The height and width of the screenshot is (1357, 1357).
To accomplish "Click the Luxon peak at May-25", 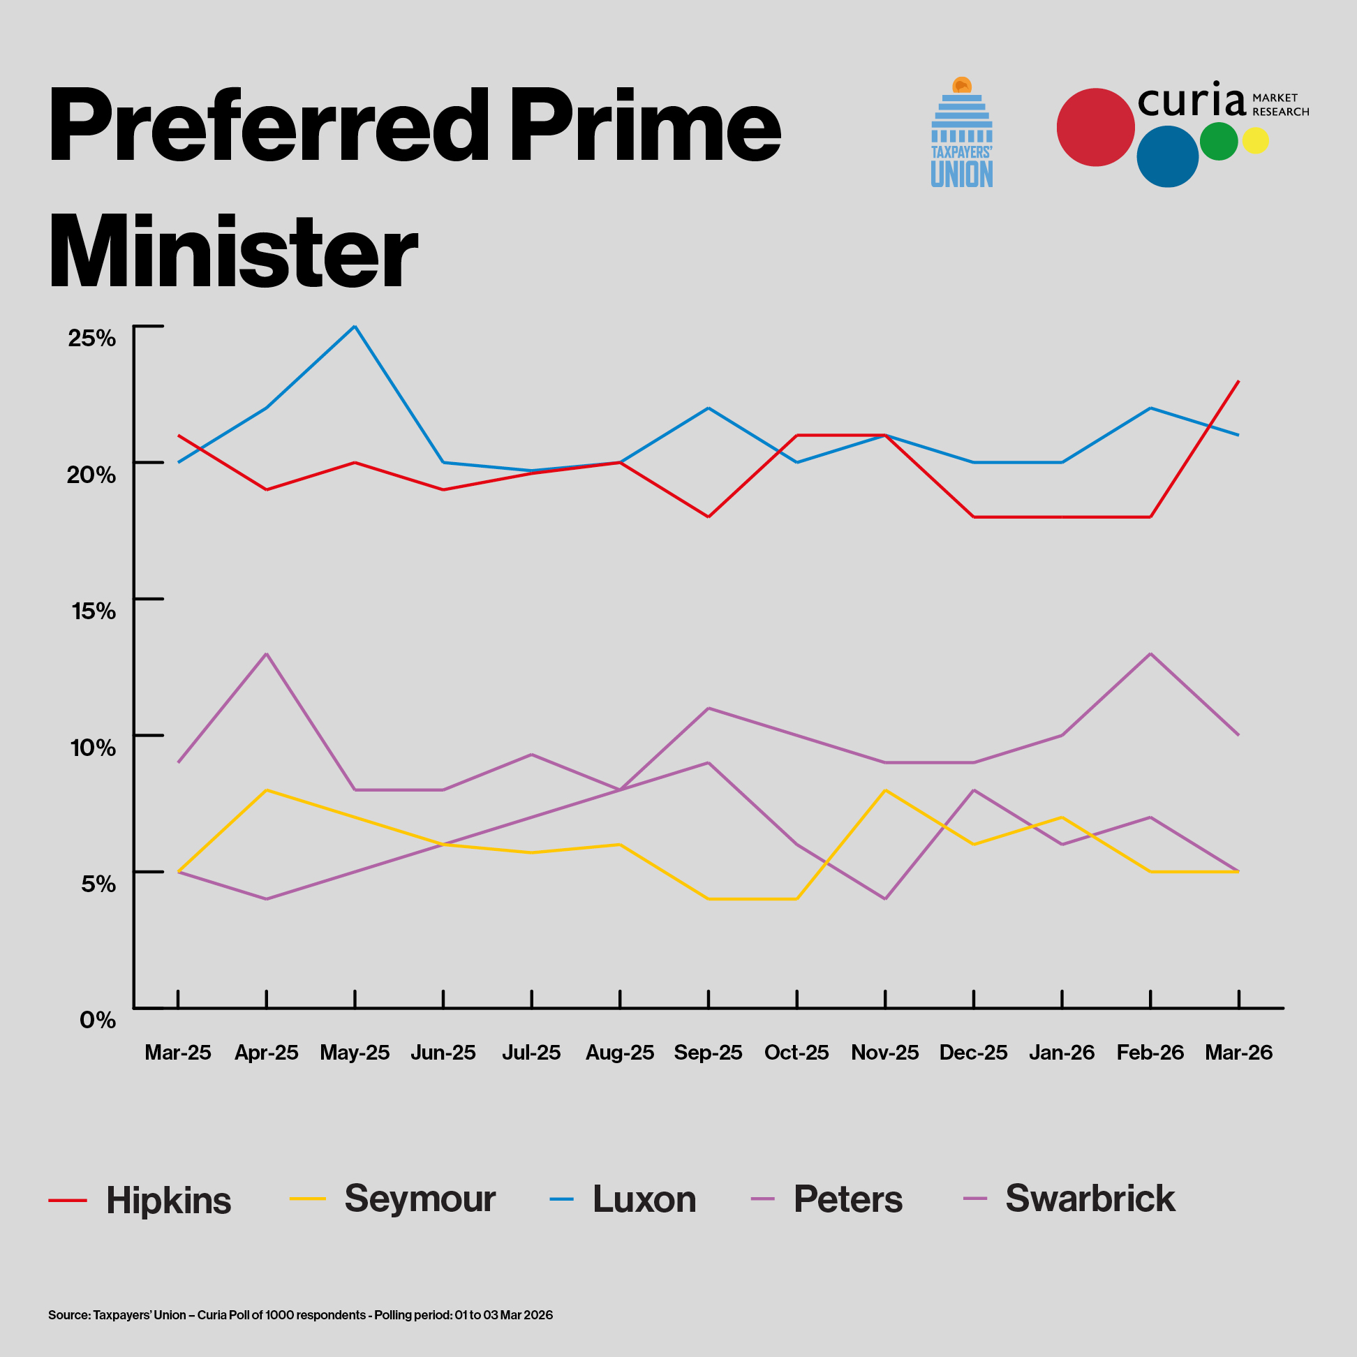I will point(355,327).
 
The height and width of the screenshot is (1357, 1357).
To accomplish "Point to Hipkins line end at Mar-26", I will point(1238,381).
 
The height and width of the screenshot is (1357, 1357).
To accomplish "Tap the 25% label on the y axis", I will point(92,338).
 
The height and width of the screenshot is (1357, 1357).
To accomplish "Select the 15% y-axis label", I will point(94,610).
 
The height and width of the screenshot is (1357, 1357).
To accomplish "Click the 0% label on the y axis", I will point(98,1019).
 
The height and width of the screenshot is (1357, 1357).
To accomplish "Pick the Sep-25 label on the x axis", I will point(708,1052).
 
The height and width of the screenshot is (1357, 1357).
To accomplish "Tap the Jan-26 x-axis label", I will point(1061,1052).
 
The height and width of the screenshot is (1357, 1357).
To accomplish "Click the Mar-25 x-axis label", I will point(178,1052).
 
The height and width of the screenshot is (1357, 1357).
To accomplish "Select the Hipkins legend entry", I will point(168,1200).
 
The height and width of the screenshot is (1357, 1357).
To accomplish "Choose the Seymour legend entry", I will point(420,1199).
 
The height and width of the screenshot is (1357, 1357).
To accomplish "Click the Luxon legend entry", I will point(644,1199).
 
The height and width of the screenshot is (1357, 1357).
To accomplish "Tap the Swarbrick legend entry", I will point(1090,1199).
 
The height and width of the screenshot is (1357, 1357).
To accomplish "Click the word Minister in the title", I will point(234,251).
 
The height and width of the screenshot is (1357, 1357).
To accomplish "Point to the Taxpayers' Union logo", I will point(962,133).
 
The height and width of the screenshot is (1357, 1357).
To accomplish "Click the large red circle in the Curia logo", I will point(1095,127).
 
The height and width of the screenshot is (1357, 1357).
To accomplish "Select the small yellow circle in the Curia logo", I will point(1255,140).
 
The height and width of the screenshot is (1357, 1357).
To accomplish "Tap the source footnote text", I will point(301,1315).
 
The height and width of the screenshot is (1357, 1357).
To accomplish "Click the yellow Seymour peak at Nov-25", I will point(885,790).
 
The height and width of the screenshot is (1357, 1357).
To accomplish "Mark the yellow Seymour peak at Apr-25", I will point(266,790).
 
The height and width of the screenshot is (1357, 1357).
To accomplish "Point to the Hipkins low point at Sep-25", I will point(708,517).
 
